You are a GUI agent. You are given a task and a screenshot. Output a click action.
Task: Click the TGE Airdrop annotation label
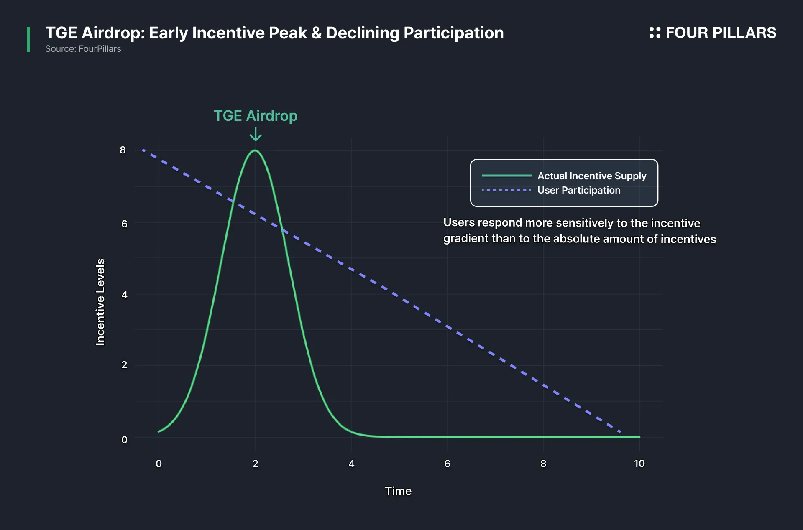[x=256, y=116]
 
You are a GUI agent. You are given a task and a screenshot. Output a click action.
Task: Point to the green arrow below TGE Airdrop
[x=256, y=134]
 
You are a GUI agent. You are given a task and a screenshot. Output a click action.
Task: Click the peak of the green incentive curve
[x=255, y=150]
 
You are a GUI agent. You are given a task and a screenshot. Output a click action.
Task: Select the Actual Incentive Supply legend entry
[x=564, y=176]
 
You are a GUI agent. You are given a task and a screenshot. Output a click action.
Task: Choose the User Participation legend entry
[x=551, y=190]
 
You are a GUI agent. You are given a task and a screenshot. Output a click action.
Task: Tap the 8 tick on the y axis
[x=123, y=150]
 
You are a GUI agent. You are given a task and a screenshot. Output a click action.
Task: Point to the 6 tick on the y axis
[x=124, y=224]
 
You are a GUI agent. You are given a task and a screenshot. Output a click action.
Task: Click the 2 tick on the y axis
[x=124, y=365]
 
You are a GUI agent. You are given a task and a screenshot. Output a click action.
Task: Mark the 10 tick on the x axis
[x=639, y=464]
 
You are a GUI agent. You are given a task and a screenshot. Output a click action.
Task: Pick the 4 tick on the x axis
[x=351, y=464]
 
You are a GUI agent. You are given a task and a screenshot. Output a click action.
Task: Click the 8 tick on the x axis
[x=543, y=464]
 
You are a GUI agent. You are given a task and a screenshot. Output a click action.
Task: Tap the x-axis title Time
[x=398, y=491]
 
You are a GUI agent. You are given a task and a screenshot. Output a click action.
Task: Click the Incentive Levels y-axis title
[x=100, y=302]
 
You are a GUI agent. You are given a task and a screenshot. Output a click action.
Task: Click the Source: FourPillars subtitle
[x=83, y=49]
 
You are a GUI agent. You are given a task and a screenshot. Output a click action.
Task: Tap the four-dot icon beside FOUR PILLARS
[x=655, y=33]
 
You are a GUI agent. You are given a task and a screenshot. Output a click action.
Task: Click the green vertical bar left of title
[x=28, y=39]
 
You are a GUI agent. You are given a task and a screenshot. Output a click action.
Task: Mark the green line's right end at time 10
[x=640, y=437]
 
